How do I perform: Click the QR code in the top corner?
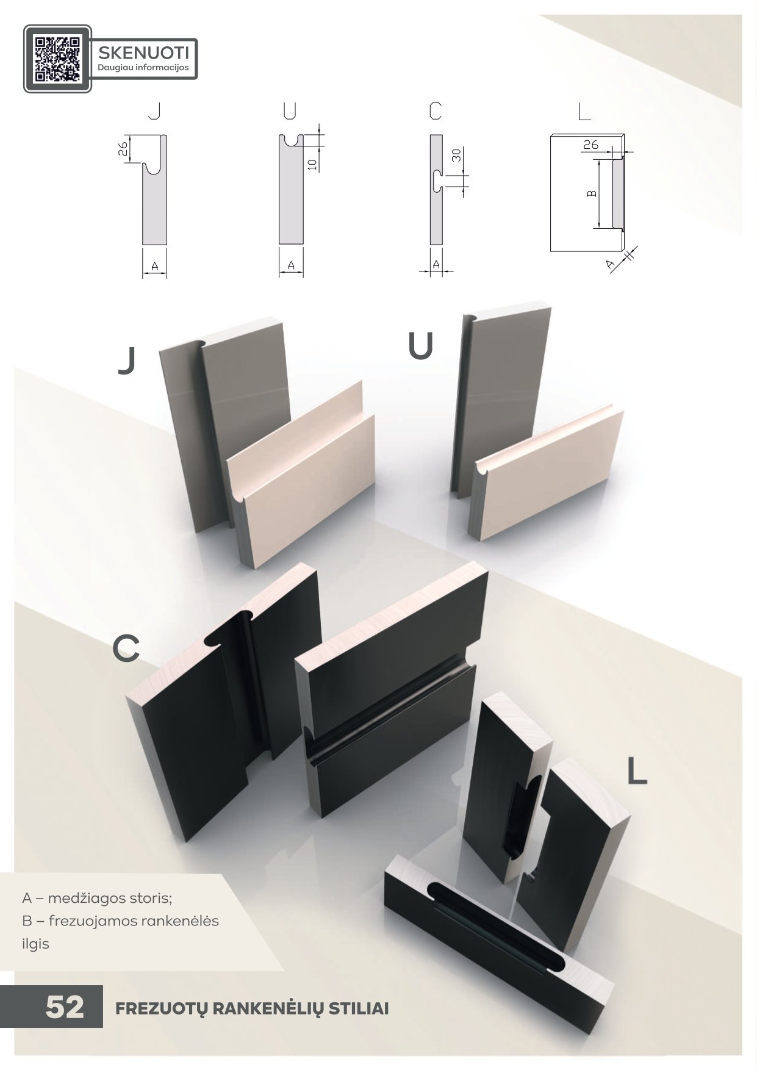[x=57, y=59]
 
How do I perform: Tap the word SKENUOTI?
[x=143, y=51]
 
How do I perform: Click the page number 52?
[x=65, y=1007]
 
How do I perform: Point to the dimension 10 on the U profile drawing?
[x=312, y=163]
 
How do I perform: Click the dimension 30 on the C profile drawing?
[x=456, y=155]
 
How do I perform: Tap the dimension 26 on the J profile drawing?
[x=122, y=149]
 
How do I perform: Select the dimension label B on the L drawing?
[x=591, y=193]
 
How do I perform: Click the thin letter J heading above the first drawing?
[x=155, y=110]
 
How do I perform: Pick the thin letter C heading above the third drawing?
[x=435, y=110]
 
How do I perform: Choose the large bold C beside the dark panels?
[x=126, y=648]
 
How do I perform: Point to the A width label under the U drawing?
[x=291, y=265]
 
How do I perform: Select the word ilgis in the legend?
[x=35, y=944]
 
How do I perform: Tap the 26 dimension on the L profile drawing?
[x=590, y=145]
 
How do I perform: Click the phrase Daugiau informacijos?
[x=143, y=68]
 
